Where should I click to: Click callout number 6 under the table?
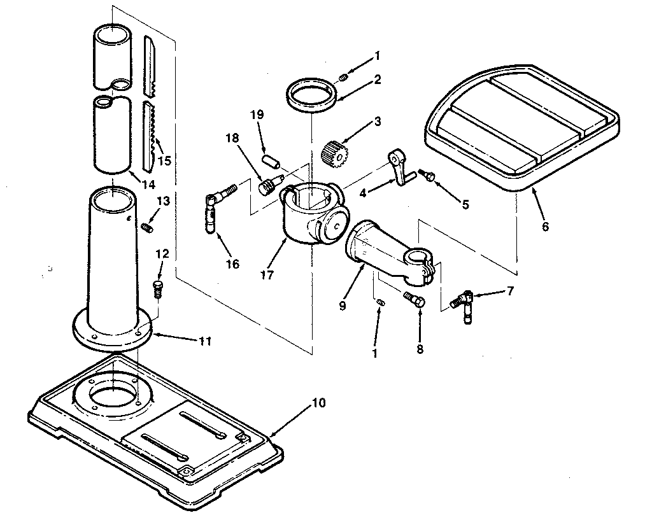tap(545, 226)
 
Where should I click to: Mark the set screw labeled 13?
tap(148, 226)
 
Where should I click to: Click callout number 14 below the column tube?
tap(149, 185)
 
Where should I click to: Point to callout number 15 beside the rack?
tap(164, 160)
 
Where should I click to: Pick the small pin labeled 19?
tap(270, 157)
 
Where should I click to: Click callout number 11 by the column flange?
tap(204, 341)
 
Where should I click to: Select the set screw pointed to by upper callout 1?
tap(343, 78)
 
